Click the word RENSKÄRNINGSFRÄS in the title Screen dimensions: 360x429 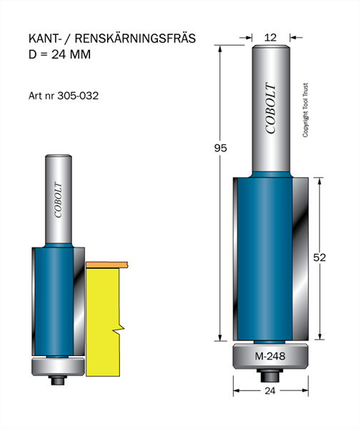(x=135, y=39)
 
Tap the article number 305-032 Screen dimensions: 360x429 (x=78, y=96)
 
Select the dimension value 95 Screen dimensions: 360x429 (x=220, y=148)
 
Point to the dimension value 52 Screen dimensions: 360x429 (x=319, y=257)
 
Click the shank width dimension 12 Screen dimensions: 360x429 (x=270, y=37)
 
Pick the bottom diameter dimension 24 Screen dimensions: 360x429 (x=270, y=390)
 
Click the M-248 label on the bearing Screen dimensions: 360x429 (x=270, y=356)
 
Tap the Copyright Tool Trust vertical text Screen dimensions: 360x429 (x=305, y=110)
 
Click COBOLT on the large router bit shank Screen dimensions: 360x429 (x=271, y=108)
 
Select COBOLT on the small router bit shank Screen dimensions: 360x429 (x=58, y=199)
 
